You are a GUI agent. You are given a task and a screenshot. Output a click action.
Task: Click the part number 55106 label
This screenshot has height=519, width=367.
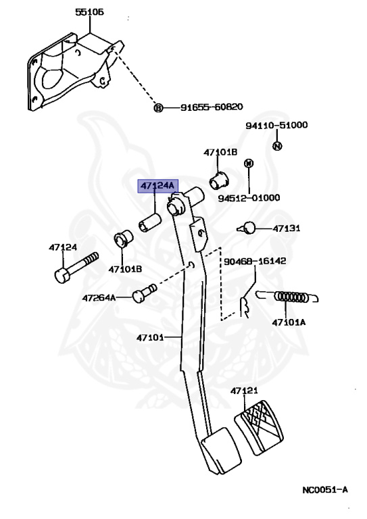click(89, 12)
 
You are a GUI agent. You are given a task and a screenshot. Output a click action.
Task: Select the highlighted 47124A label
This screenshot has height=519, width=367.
click(157, 186)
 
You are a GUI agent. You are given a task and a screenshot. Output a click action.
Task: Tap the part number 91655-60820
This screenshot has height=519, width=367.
click(212, 107)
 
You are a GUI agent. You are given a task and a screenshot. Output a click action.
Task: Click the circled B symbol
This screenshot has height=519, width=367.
click(159, 108)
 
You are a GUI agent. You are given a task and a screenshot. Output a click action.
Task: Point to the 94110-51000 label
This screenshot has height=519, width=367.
click(276, 125)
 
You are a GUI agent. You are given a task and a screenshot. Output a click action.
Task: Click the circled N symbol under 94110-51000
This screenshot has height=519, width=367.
click(277, 146)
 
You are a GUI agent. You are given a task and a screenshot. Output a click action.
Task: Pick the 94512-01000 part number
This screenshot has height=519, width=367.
click(249, 198)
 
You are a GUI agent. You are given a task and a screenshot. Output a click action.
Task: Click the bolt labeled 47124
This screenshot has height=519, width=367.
click(76, 267)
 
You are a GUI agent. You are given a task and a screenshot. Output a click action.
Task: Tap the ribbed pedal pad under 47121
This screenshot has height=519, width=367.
click(259, 428)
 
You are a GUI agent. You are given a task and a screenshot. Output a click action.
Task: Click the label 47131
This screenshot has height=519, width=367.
click(287, 228)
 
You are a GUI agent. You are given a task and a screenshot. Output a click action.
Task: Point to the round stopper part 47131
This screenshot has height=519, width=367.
click(247, 228)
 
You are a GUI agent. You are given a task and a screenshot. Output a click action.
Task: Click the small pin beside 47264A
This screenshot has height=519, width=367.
click(144, 293)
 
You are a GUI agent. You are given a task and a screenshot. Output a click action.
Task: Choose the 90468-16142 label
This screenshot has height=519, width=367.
click(255, 261)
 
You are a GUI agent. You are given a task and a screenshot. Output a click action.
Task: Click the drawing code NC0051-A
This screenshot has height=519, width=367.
click(325, 490)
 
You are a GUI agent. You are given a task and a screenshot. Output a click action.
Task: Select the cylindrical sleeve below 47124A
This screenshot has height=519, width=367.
click(149, 222)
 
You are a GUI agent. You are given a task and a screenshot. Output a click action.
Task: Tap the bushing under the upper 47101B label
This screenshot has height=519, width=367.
click(219, 180)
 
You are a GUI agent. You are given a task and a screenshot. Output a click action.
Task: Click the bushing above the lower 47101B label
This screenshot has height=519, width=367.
click(124, 238)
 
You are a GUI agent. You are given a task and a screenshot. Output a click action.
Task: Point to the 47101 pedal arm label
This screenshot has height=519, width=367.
click(150, 338)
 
